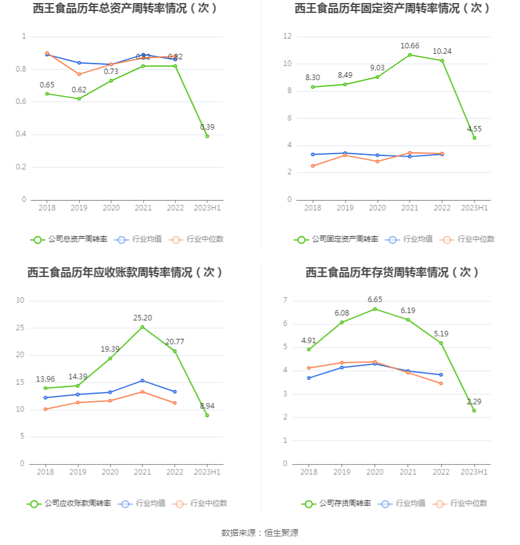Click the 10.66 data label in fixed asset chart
409,46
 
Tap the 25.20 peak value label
143,318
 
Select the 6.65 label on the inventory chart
375,300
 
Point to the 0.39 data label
207,127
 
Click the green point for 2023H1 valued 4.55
474,138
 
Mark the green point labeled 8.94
207,415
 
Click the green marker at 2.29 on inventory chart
474,410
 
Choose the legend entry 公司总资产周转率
69,239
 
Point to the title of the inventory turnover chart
393,272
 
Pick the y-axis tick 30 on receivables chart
20,300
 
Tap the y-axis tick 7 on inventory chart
285,300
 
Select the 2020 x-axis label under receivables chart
110,472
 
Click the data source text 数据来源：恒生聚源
259,533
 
